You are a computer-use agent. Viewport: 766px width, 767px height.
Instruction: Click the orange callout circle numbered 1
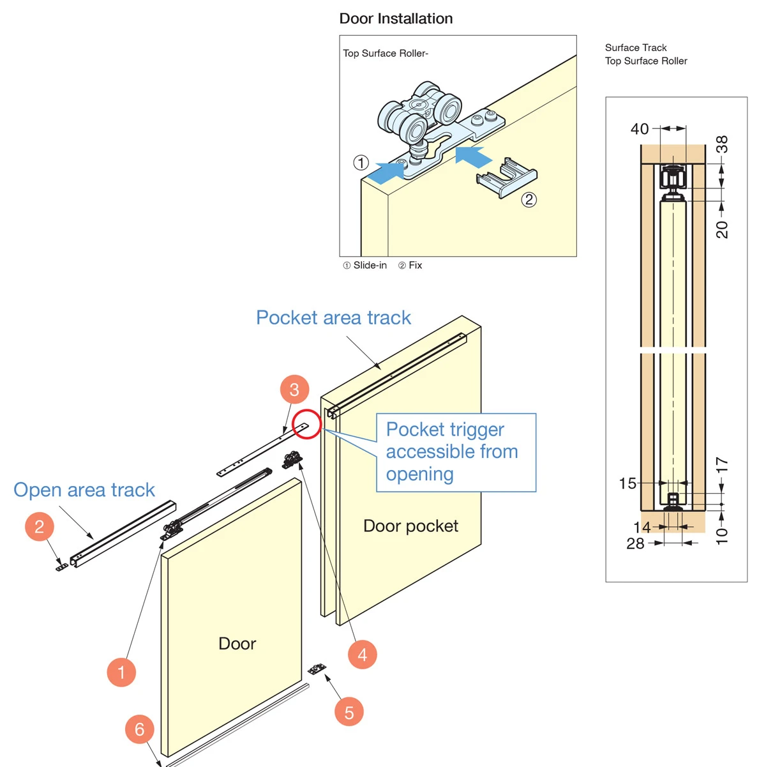pos(121,672)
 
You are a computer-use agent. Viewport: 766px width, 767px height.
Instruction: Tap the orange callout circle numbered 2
pos(40,527)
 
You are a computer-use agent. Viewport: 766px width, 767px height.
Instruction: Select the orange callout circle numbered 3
pos(294,390)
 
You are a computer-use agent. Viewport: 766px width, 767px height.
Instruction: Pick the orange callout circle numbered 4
pos(362,655)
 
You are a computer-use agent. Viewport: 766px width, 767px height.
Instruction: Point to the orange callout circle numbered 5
pos(349,712)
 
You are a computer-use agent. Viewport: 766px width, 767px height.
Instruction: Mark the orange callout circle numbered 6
pos(140,729)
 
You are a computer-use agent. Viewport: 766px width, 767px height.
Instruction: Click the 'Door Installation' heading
pos(396,19)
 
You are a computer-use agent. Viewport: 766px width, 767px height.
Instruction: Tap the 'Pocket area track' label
pos(333,317)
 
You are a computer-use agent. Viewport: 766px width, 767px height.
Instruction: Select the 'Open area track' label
pos(84,490)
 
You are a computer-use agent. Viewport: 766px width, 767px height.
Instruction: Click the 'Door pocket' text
pos(410,526)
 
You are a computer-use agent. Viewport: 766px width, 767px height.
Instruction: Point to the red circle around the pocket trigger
pos(306,424)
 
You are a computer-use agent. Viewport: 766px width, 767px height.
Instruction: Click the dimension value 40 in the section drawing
pos(640,129)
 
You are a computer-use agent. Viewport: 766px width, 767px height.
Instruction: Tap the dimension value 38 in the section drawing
pos(722,145)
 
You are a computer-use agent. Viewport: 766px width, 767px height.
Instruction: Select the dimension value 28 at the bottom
pos(635,543)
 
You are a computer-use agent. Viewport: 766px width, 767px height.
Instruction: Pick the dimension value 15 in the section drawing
pos(627,483)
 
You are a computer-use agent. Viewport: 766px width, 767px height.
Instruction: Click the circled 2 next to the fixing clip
pos(529,199)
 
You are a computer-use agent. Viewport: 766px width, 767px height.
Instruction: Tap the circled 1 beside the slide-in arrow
pos(361,162)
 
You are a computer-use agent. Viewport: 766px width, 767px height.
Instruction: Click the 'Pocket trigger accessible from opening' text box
pos(456,452)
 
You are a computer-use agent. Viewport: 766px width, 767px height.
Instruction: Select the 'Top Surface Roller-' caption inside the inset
pos(386,54)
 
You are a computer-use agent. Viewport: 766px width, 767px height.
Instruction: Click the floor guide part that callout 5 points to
pos(317,669)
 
